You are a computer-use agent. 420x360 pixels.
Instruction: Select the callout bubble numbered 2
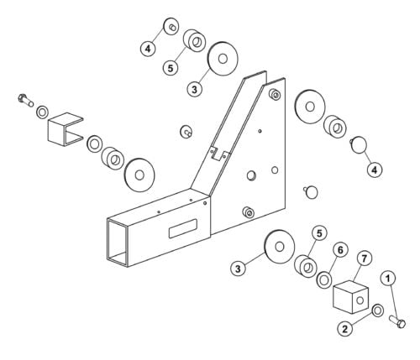coord(344,329)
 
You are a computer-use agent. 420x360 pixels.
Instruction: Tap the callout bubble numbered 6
coord(340,250)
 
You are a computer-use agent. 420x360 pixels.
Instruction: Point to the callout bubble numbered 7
coord(364,258)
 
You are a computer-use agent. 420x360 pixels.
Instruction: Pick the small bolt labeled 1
coord(400,323)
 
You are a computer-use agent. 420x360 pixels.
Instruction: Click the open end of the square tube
coord(119,242)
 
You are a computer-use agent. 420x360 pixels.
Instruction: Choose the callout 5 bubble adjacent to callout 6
coord(318,232)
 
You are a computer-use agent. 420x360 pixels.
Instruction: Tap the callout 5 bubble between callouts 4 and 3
coord(171,68)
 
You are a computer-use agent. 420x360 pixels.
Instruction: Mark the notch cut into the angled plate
coord(220,153)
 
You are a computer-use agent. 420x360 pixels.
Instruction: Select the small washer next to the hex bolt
coord(43,111)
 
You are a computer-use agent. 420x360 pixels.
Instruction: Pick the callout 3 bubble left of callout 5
coord(239,269)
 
